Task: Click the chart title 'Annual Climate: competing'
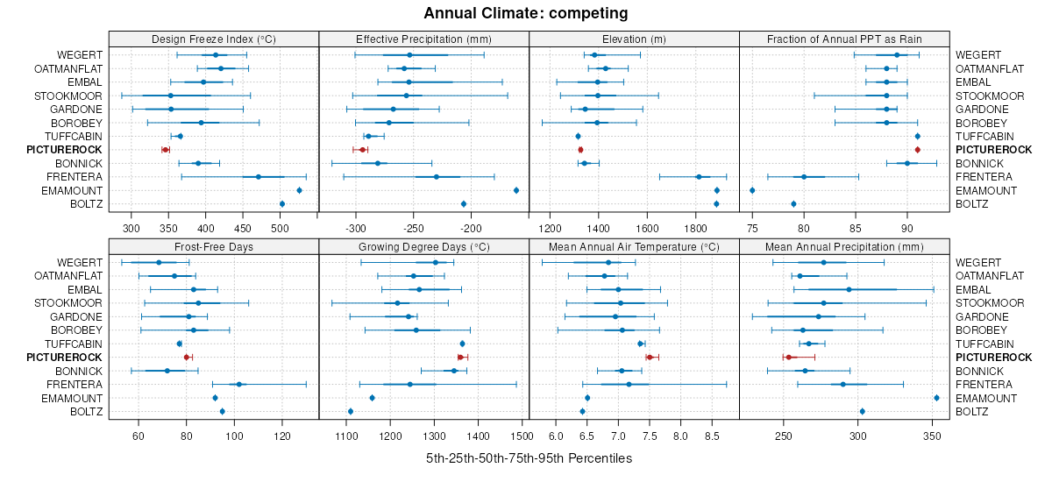pos(525,13)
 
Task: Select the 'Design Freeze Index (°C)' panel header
pos(214,39)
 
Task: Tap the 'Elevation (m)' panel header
pos(634,39)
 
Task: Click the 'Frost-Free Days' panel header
pos(214,246)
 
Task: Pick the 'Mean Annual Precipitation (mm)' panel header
pos(844,246)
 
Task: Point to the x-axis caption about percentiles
pos(529,458)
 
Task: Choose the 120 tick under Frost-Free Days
pos(282,436)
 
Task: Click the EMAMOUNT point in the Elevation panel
pos(717,190)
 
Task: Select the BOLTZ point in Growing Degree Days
pos(351,412)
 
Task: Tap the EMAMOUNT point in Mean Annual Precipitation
pos(936,398)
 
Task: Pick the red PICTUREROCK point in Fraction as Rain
pos(918,150)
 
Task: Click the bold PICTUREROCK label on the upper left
pos(64,150)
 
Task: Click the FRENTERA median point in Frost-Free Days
pos(238,385)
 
